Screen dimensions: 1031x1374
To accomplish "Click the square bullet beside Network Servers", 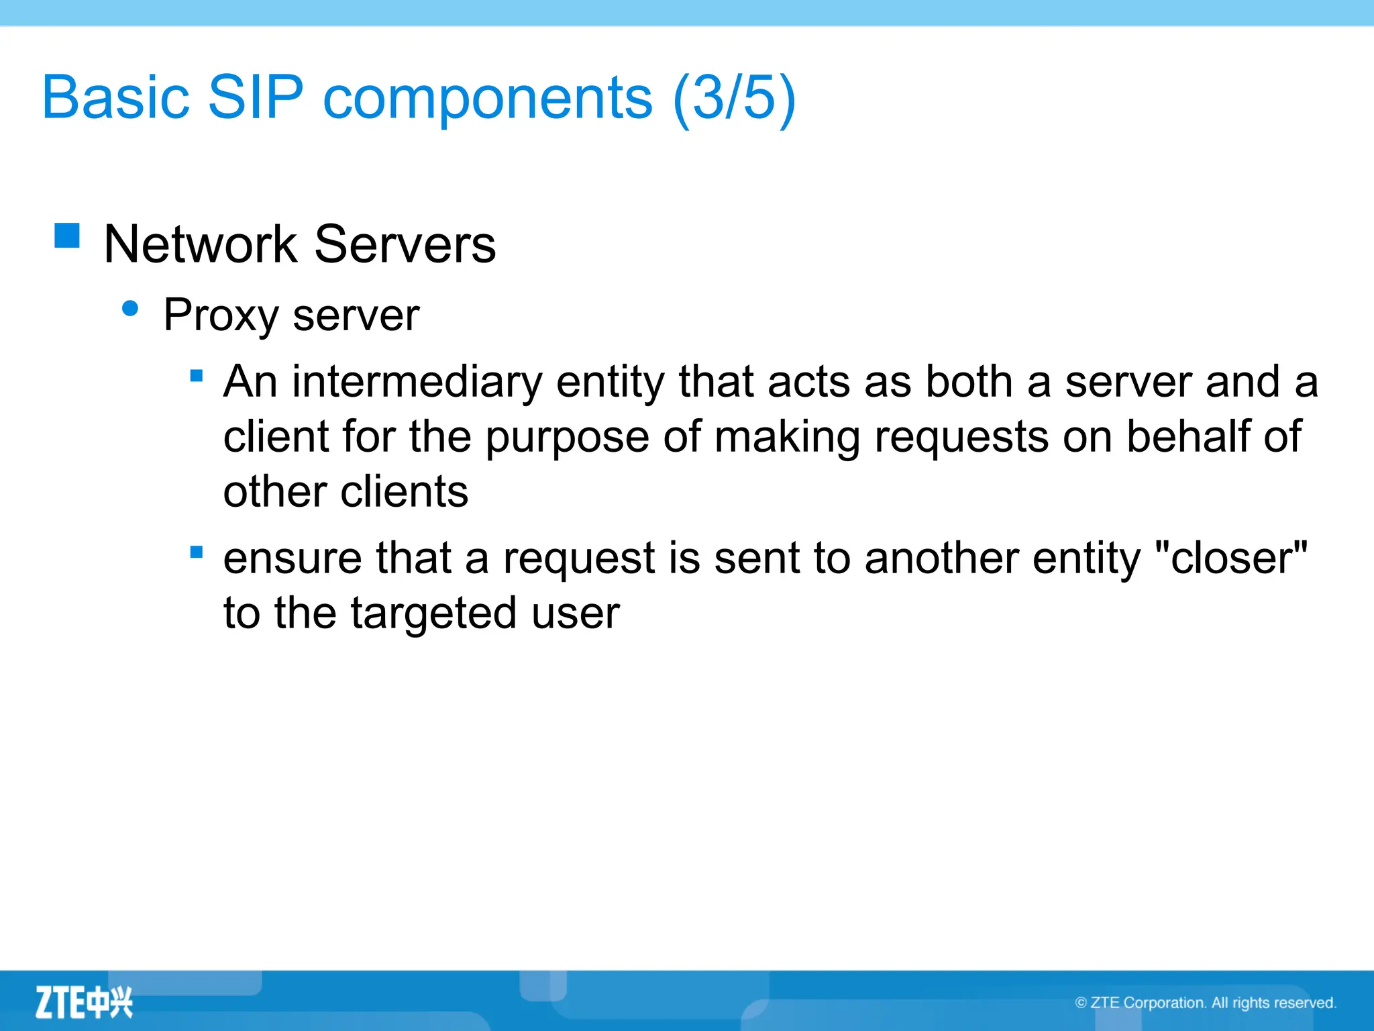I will (x=67, y=236).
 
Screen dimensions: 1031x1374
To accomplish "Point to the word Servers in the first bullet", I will (x=405, y=244).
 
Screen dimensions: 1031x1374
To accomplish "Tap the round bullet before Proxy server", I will (x=130, y=309).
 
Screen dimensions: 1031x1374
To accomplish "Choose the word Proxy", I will (x=220, y=315).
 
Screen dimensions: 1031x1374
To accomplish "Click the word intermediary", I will (x=417, y=382).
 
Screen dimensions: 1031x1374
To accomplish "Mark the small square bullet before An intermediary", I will (x=197, y=376).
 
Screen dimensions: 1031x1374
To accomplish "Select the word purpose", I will (x=567, y=438).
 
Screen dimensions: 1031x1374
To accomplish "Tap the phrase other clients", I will (x=346, y=491).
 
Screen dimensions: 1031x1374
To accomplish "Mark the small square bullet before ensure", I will (x=197, y=552).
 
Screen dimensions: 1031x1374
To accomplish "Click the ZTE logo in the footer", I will (x=84, y=1003).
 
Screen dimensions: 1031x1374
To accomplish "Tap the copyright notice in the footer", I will (x=1206, y=1003).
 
